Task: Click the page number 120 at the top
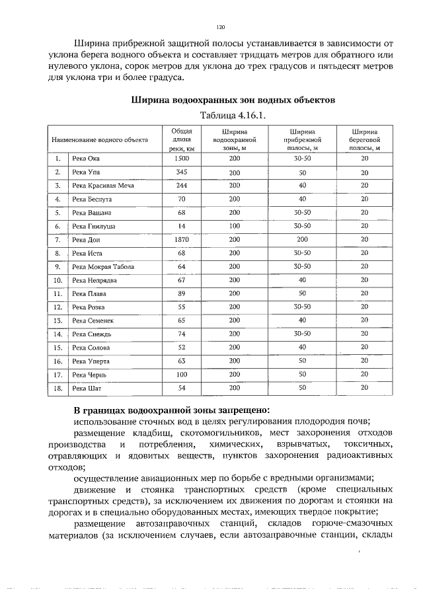[x=221, y=27]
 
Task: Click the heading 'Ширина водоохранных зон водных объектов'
[x=233, y=100]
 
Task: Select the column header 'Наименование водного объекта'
[x=100, y=140]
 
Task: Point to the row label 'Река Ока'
[x=86, y=159]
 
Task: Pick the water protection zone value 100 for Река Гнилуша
[x=235, y=226]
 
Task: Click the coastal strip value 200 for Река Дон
[x=302, y=240]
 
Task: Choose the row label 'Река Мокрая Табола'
[x=102, y=267]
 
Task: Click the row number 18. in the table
[x=58, y=388]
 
